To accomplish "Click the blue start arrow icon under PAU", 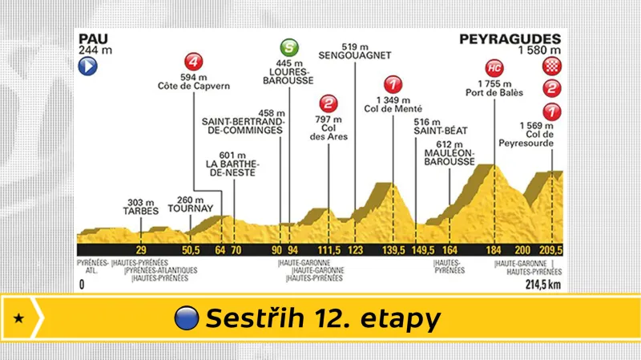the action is click(87, 68).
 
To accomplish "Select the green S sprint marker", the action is click(289, 47).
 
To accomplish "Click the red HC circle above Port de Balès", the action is click(494, 67).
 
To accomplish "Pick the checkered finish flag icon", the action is click(551, 67).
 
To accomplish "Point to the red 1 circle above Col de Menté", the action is click(392, 83).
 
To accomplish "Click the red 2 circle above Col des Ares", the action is click(329, 103).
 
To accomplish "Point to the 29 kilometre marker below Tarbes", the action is click(141, 249).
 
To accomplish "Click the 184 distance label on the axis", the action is click(494, 249).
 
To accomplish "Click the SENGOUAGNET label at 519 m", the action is click(353, 57).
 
